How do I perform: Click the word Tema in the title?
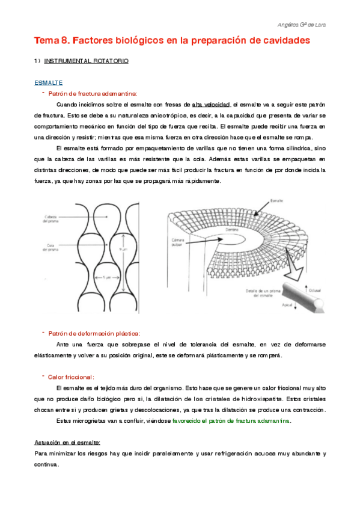(46, 41)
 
